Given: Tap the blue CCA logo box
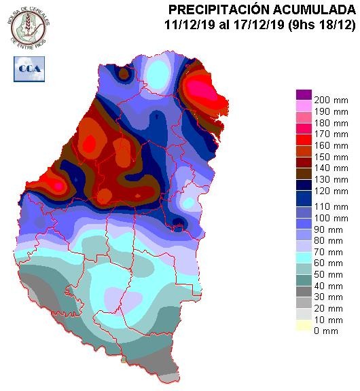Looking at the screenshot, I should (x=29, y=69).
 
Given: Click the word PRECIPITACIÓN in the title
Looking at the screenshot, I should (x=219, y=10).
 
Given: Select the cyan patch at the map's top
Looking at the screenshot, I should (x=158, y=70).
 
